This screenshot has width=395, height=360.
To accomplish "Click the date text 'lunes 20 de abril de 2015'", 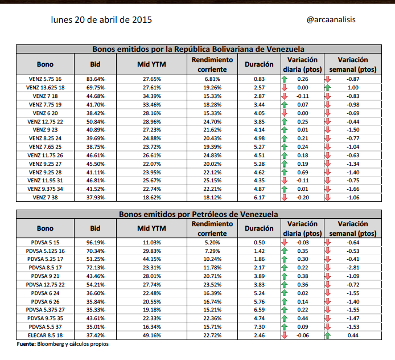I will [101, 19].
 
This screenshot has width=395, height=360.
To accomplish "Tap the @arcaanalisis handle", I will [331, 19].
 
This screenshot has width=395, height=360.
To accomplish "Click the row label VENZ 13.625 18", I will [46, 88].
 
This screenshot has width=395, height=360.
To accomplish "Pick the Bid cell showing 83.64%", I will [95, 79].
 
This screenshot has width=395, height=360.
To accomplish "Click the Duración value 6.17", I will [260, 198].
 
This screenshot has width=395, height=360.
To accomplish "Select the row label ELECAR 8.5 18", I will [46, 336].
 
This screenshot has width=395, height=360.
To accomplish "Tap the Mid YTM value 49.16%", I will [152, 336].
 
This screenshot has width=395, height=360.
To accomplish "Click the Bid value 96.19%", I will [95, 242].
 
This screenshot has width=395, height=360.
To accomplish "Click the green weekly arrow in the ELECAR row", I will [327, 336].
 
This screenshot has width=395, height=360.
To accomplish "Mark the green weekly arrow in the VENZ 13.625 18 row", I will [327, 88].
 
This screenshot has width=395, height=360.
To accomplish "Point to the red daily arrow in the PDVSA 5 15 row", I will [285, 242].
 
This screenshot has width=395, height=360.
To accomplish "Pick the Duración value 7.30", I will [260, 328].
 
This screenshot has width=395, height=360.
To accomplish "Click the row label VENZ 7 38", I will [46, 198].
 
